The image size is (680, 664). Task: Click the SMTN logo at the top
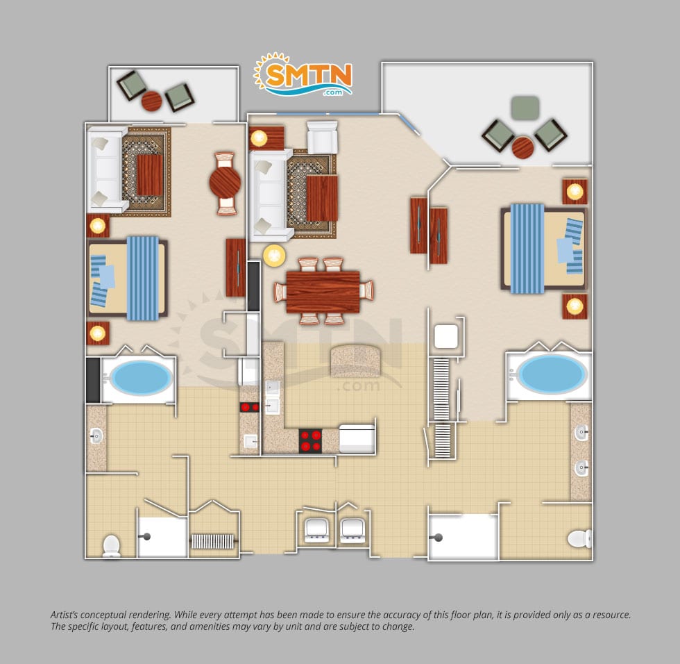click(x=303, y=74)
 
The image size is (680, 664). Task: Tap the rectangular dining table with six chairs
click(x=323, y=292)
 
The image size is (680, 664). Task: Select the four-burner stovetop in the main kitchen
click(x=311, y=441)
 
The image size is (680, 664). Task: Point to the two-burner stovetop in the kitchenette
click(x=249, y=408)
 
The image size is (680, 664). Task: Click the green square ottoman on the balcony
click(x=525, y=108)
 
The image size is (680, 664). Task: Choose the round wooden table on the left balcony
click(x=152, y=101)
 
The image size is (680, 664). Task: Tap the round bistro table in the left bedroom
click(x=225, y=183)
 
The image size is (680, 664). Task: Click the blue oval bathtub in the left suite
click(x=140, y=378)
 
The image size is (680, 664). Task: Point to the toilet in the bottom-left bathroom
click(x=112, y=545)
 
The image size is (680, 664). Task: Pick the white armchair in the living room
click(x=322, y=137)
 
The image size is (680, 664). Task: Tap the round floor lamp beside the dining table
click(x=275, y=256)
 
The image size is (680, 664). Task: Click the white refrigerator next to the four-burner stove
click(x=357, y=439)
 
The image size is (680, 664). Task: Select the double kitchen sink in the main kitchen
click(x=272, y=397)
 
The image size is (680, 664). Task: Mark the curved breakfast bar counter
click(x=355, y=361)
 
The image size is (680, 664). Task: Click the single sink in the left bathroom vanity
click(x=96, y=435)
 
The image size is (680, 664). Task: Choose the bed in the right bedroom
click(x=544, y=249)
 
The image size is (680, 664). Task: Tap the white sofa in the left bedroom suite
click(x=106, y=169)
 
